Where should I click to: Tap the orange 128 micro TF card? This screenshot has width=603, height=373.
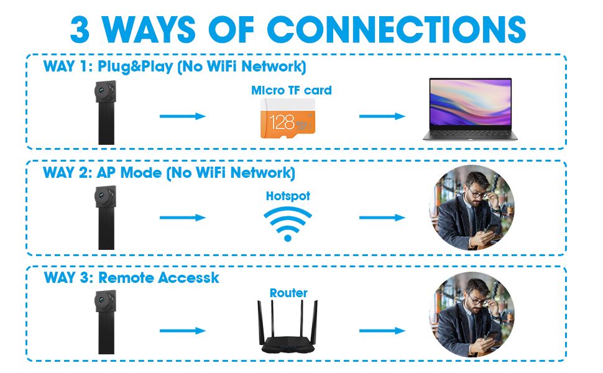(287, 120)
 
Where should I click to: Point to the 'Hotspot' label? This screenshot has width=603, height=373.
(288, 196)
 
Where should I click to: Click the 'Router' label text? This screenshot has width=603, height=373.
(288, 293)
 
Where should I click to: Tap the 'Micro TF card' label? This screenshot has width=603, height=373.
(291, 90)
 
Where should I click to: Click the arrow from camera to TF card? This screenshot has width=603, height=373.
(183, 116)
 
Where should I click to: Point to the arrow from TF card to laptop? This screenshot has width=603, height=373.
(382, 116)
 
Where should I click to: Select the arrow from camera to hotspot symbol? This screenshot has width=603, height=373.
(183, 218)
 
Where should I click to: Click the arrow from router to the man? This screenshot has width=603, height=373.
(382, 331)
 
